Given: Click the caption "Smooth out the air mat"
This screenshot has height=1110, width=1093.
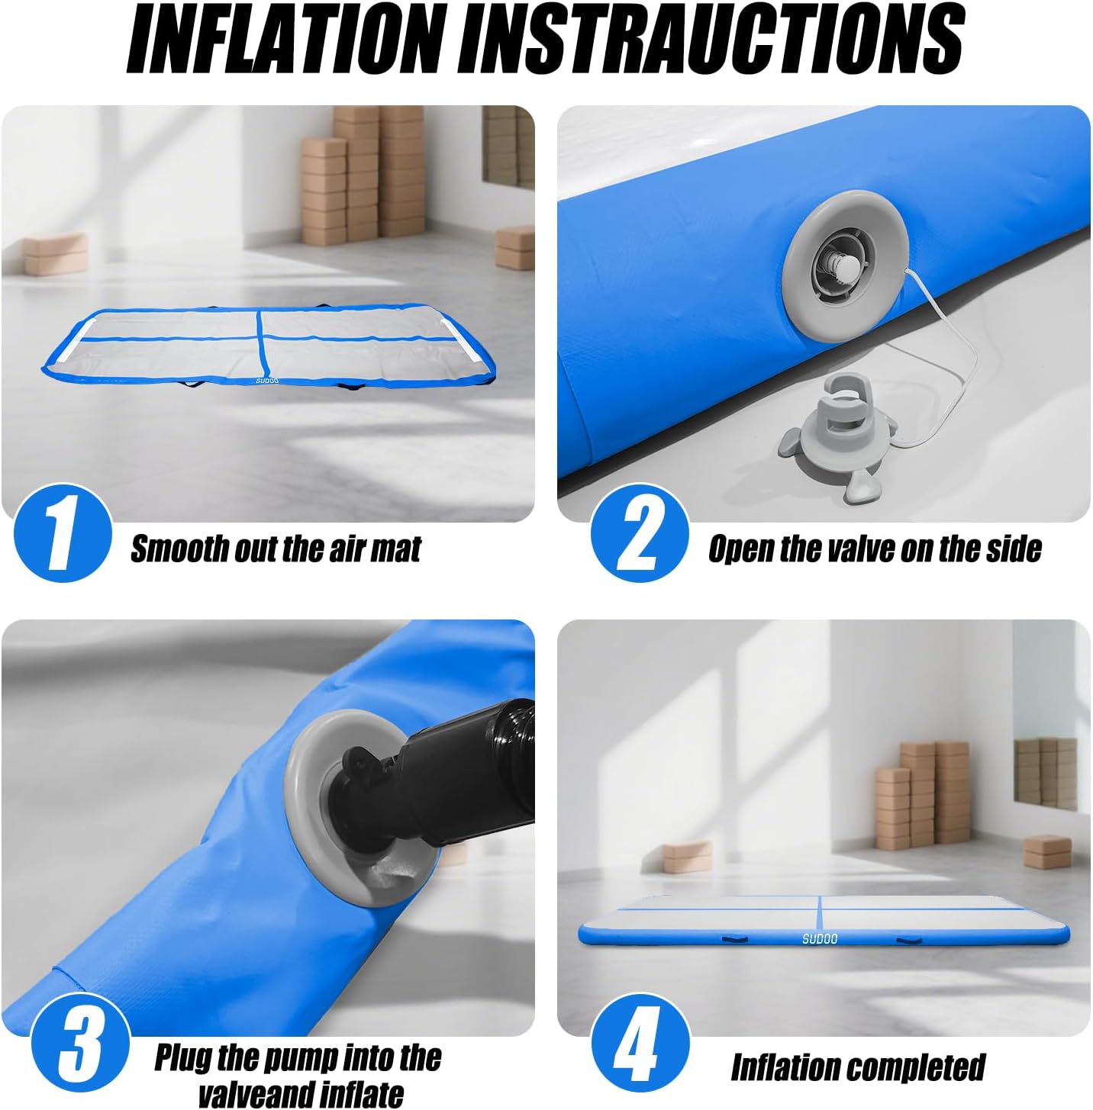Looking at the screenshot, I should pyautogui.click(x=276, y=549).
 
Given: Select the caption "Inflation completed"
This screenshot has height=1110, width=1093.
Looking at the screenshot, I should pyautogui.click(x=858, y=1067).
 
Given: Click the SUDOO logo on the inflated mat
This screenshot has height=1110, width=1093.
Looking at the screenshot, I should pyautogui.click(x=819, y=938).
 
